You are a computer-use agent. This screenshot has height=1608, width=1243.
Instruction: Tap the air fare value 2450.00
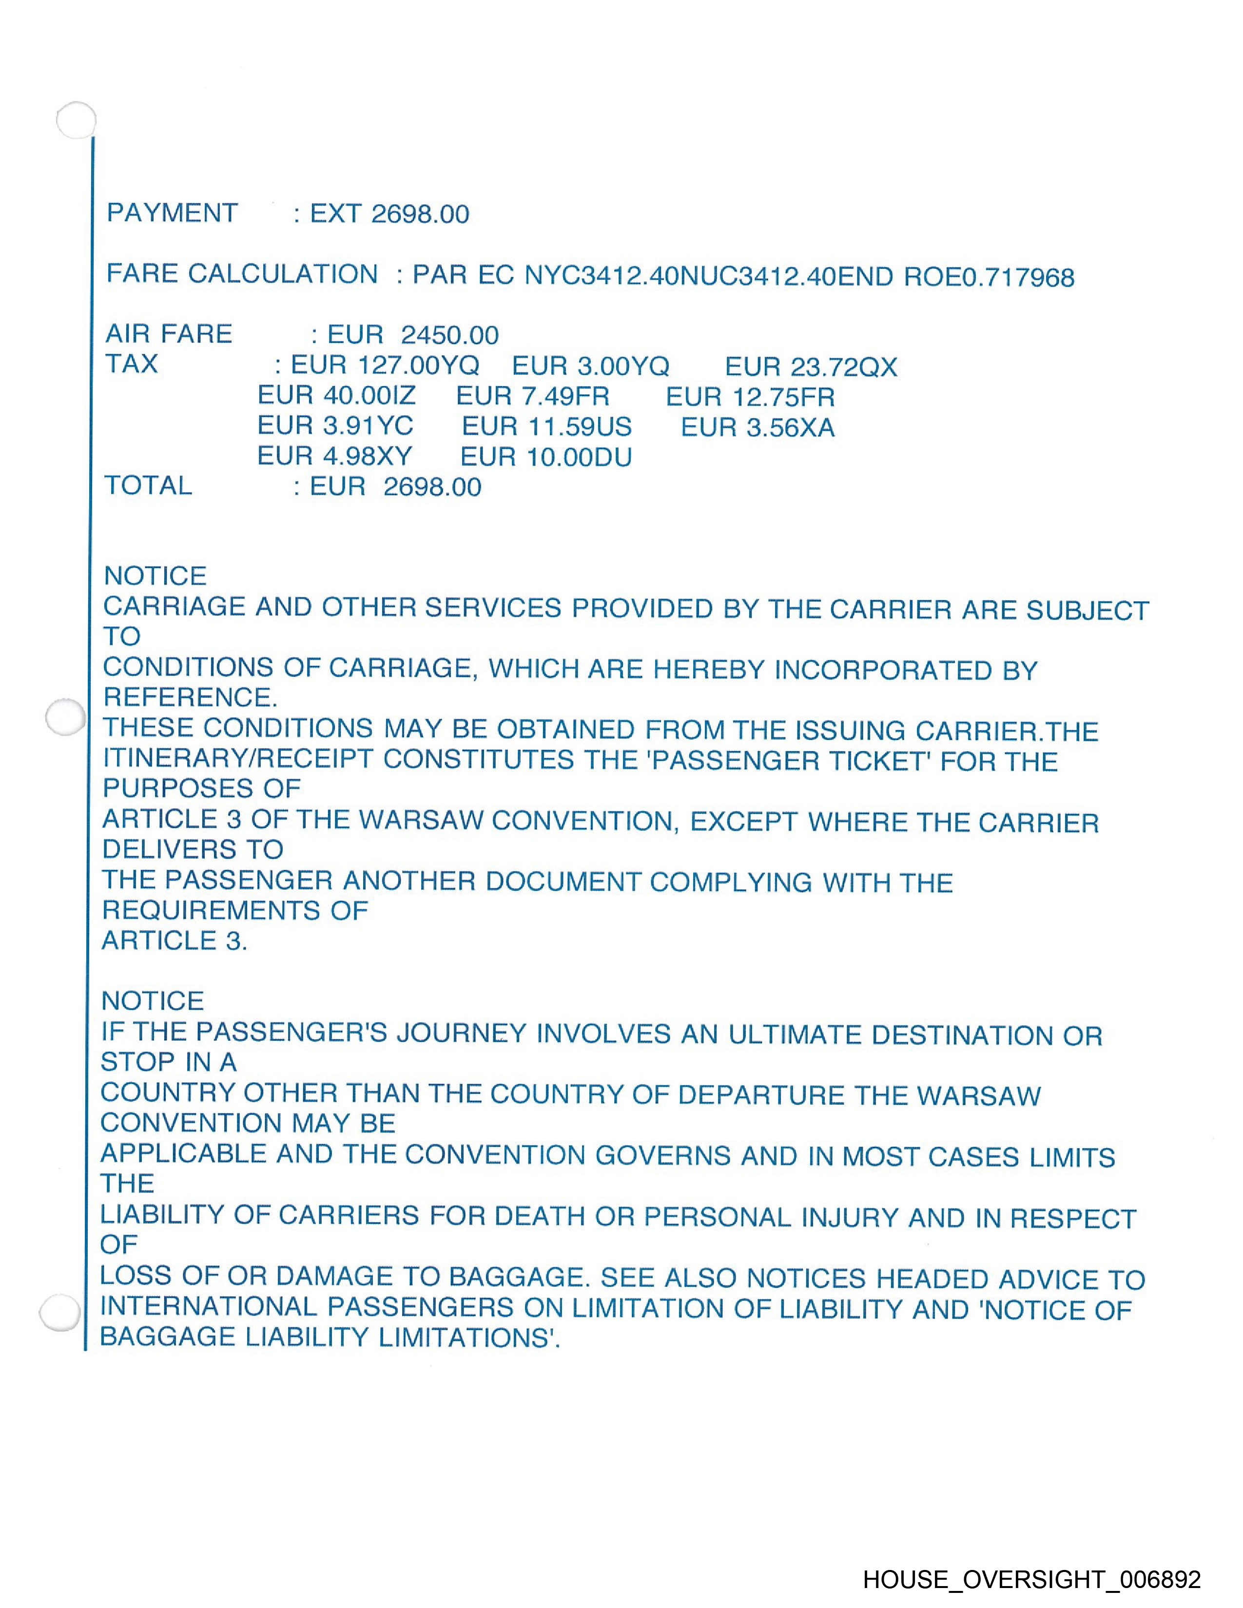(x=449, y=335)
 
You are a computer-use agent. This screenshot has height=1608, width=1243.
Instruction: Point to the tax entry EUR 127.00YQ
(x=385, y=365)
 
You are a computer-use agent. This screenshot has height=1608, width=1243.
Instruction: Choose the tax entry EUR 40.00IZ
(x=336, y=396)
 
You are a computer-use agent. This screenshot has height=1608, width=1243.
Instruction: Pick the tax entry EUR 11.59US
(x=546, y=427)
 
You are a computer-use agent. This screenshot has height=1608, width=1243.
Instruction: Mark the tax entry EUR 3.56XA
(x=757, y=428)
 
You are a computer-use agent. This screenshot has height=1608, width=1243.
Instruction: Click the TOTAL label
(x=148, y=485)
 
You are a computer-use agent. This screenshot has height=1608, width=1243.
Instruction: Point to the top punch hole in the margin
(x=77, y=119)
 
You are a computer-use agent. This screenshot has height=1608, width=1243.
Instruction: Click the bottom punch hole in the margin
(x=59, y=1313)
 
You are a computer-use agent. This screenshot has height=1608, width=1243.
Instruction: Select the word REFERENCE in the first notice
(x=189, y=696)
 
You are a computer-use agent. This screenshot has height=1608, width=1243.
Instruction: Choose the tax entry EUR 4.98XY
(x=334, y=457)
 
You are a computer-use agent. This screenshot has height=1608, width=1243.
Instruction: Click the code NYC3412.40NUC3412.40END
(x=708, y=276)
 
